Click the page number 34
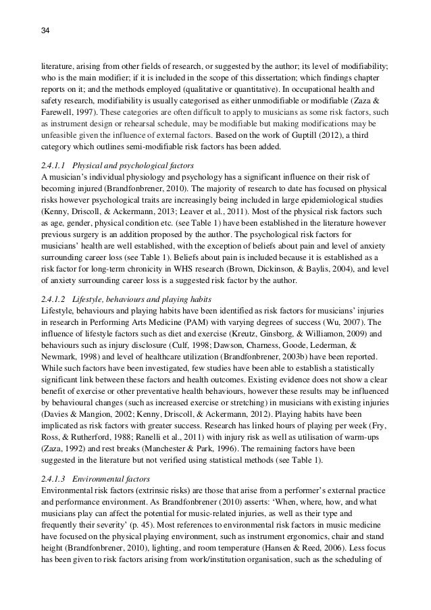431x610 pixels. [x=46, y=30]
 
